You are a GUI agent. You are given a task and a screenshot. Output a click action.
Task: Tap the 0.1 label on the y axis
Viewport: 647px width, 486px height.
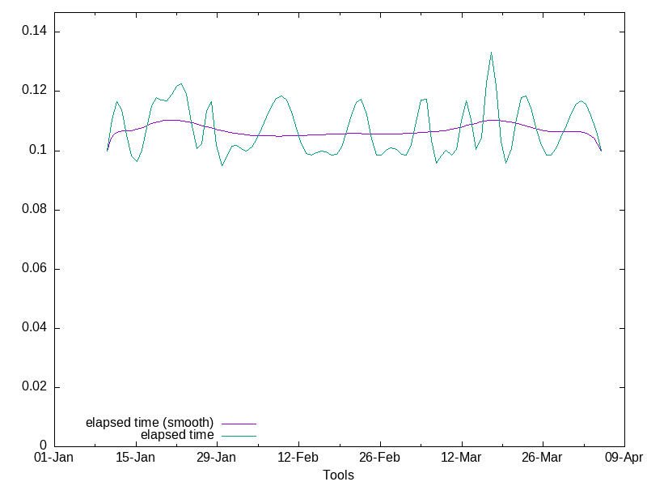coord(37,151)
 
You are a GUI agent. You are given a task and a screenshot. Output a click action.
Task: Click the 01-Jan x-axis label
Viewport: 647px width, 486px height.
coord(54,458)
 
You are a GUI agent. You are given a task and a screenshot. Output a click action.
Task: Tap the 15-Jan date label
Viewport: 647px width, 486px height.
coord(135,458)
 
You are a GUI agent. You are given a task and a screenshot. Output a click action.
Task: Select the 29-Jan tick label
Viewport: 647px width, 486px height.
coord(216,458)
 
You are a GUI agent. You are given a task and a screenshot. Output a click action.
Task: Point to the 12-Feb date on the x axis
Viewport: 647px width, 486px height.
coord(298,458)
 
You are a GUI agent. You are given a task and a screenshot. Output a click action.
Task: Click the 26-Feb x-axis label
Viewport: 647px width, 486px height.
coord(379,458)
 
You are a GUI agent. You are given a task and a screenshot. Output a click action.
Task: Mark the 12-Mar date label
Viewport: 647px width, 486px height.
coord(461,458)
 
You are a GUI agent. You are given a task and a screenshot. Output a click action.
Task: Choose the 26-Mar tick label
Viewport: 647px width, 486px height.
coord(542,458)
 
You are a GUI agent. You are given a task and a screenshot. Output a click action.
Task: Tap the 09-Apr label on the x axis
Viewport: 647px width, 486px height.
coord(624,458)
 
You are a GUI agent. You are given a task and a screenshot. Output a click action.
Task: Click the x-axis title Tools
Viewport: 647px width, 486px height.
coord(338,475)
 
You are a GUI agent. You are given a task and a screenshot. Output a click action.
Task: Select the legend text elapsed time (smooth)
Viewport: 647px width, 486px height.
coord(150,423)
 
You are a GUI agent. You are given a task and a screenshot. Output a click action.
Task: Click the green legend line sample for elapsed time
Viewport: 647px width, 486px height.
coord(239,436)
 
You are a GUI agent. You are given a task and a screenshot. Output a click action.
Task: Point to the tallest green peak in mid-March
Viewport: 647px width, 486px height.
coord(491,53)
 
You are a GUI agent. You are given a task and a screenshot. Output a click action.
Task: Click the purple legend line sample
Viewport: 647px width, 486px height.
coord(239,424)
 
